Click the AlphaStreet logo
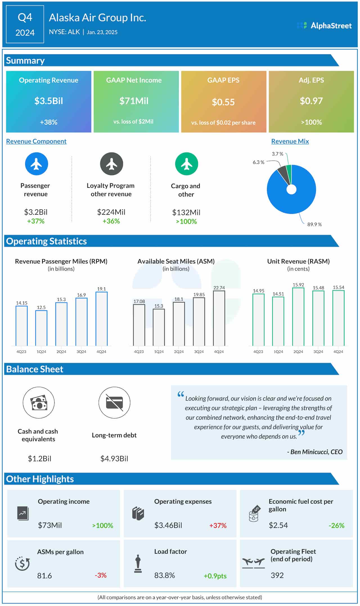324,26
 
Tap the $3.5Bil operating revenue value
49,101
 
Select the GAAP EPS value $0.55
223,102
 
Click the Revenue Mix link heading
290,141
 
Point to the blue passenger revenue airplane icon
37,164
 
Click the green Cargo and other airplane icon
186,164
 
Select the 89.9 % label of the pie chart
314,224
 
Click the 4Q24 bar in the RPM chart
102,319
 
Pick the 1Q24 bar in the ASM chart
159,327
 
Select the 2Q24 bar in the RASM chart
298,317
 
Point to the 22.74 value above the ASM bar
219,288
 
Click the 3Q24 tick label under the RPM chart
81,352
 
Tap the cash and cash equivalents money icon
39,403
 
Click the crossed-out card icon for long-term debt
114,403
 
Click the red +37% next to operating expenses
218,525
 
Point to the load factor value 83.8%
165,575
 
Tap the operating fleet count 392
277,575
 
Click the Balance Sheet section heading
35,369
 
